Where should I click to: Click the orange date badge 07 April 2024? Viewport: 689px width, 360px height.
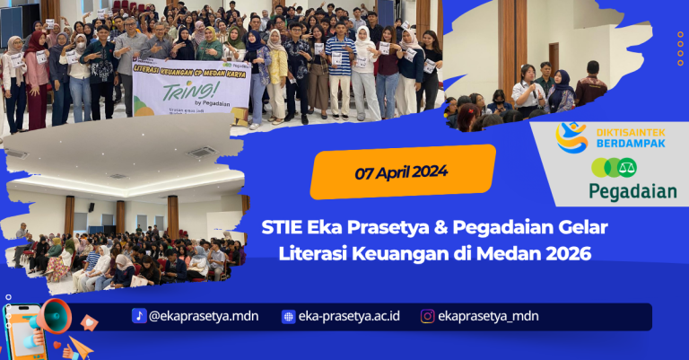point(403,171)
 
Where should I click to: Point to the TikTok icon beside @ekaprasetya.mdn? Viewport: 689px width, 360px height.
point(139,316)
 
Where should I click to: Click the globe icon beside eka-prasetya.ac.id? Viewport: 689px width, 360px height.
point(288,316)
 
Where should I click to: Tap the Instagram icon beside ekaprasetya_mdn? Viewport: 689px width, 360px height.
point(428,316)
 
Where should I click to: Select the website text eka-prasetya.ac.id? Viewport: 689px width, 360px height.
point(349,316)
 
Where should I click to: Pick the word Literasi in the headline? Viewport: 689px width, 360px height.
point(316,253)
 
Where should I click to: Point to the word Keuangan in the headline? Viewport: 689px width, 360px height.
point(401,253)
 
